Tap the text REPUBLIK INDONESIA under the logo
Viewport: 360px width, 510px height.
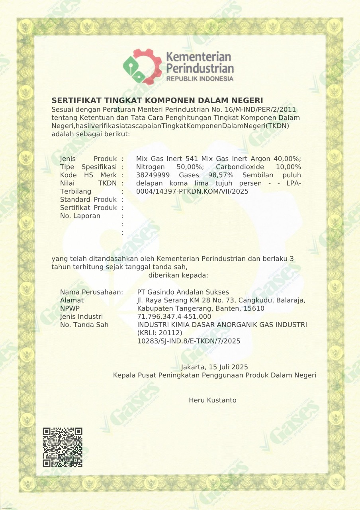tap(200, 79)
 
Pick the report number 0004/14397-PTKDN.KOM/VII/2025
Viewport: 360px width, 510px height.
tap(192, 192)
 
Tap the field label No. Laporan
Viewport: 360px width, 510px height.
tap(80, 216)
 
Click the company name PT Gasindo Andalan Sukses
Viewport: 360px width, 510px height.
tap(183, 292)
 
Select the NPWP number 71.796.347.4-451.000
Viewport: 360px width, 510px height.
tap(174, 317)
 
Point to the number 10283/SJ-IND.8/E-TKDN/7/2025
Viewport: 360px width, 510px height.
tap(188, 341)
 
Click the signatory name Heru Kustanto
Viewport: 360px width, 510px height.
tap(212, 400)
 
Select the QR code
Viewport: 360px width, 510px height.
tap(63, 447)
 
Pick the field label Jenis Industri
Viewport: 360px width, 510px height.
tap(81, 317)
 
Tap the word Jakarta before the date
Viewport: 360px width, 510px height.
tap(192, 367)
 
